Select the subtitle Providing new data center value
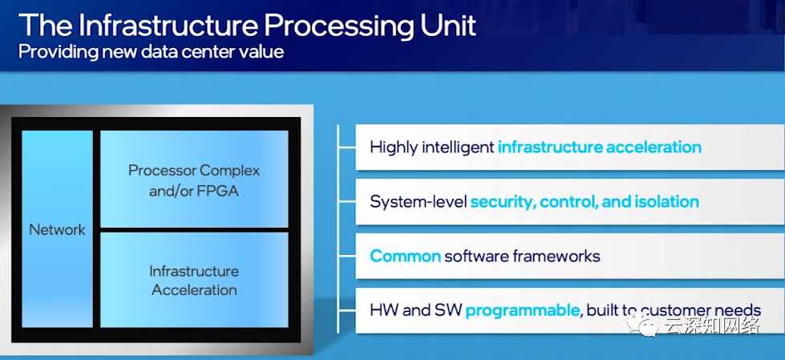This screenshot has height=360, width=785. pos(151,52)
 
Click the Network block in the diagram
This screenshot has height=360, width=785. pos(57,229)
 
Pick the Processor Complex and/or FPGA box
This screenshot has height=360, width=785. pos(194,180)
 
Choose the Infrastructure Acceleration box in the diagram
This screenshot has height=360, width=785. pos(194,280)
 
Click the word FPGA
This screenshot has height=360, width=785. pos(216,192)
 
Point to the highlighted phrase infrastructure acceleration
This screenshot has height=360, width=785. pos(599,147)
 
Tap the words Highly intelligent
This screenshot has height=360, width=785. pos(431,147)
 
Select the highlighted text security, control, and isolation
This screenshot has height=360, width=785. pos(584,201)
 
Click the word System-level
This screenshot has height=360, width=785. pos(418,201)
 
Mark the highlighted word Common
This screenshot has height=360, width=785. pos(405,256)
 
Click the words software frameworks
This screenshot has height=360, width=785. pos(522,256)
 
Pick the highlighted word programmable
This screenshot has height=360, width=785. pos(522,309)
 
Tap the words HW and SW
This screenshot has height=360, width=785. pos(415,309)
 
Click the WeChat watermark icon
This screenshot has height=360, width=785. pos(642,326)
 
